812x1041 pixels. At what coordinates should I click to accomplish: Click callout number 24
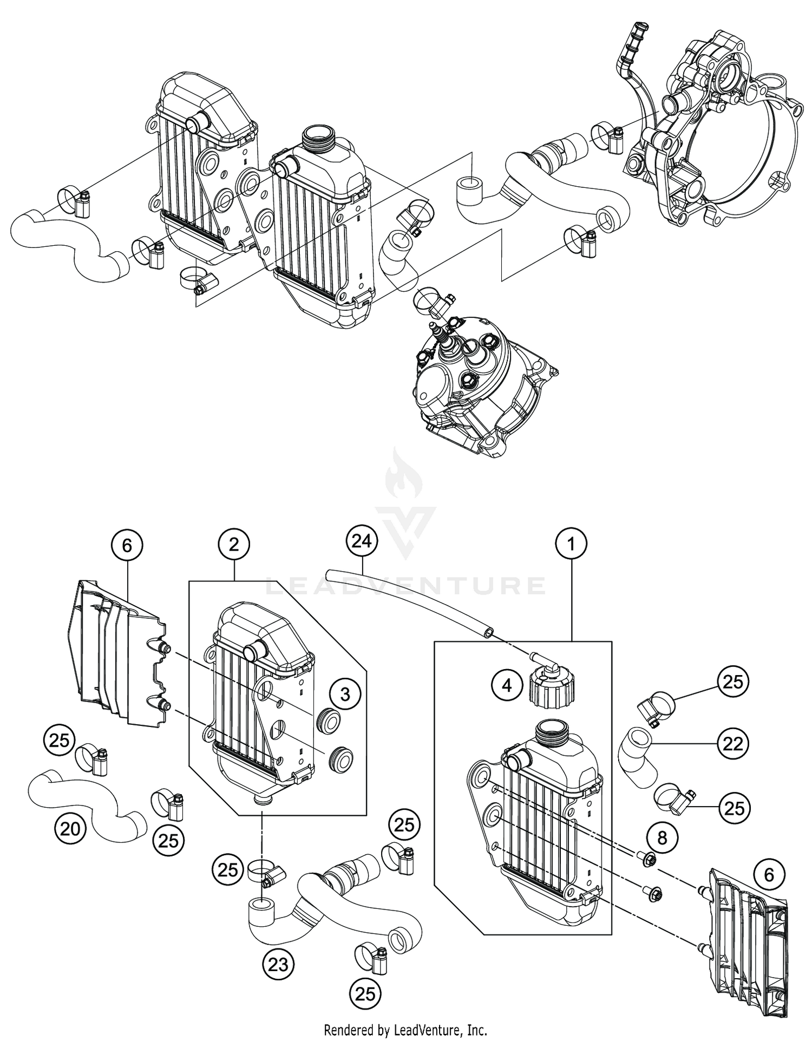[x=361, y=541]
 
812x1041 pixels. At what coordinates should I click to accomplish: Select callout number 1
[x=571, y=544]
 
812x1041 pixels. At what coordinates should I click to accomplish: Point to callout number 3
[x=345, y=694]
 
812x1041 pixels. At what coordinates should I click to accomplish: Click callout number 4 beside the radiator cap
[x=506, y=686]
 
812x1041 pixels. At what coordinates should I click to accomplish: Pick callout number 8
[x=662, y=838]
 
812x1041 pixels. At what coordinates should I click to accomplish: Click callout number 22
[x=733, y=744]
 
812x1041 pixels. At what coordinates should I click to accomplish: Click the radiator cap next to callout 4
[x=551, y=686]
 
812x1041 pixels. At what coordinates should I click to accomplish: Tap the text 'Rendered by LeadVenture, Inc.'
[x=405, y=1029]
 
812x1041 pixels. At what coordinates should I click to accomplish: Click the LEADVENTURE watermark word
[x=405, y=586]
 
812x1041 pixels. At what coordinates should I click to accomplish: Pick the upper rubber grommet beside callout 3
[x=323, y=719]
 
